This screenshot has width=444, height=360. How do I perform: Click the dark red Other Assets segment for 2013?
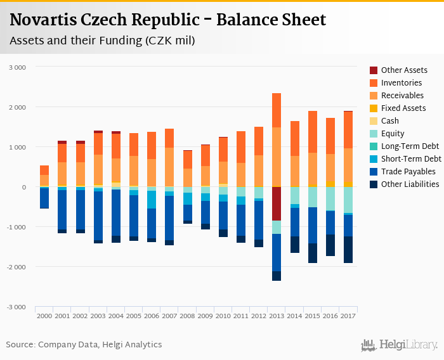click(277, 203)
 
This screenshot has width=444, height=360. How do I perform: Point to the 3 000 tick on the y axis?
click(18, 67)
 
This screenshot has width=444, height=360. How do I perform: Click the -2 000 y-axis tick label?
click(17, 267)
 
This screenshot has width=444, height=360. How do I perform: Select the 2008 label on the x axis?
click(187, 316)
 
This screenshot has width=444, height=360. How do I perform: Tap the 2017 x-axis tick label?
click(348, 316)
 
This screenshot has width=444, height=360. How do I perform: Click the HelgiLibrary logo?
click(400, 345)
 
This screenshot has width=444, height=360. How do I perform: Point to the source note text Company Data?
click(65, 345)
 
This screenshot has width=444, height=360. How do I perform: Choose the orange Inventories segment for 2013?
click(277, 110)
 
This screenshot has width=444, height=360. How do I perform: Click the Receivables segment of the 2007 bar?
click(169, 167)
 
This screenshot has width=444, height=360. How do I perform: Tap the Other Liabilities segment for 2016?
click(330, 245)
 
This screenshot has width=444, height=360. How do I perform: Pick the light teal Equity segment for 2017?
click(348, 200)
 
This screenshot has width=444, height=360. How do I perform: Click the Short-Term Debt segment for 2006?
click(152, 200)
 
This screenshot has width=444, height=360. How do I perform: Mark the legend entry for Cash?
click(391, 121)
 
